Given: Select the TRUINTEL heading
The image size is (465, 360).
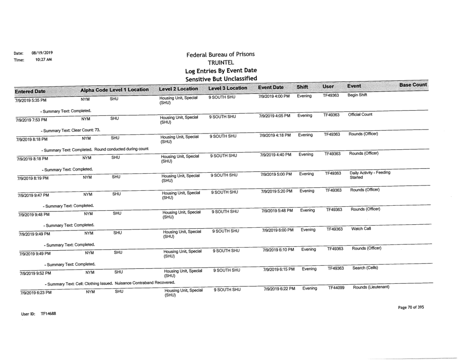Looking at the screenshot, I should click(x=221, y=63).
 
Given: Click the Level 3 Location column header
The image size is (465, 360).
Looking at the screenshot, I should click(x=228, y=89).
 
